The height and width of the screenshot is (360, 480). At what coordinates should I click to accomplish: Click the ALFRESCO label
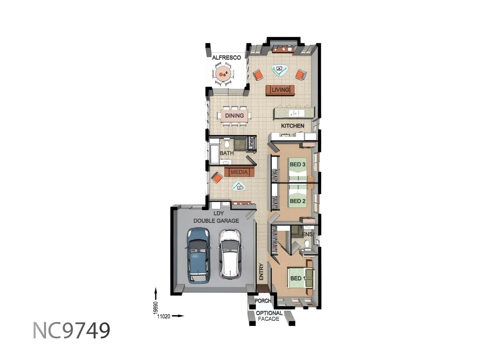click(226, 58)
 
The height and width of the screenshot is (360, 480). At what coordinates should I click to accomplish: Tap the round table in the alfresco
click(223, 74)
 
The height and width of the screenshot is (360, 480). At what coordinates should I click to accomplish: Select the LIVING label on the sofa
click(280, 90)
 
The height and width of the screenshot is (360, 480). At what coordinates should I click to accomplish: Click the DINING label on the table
click(234, 116)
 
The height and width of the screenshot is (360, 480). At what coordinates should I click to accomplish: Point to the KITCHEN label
click(292, 126)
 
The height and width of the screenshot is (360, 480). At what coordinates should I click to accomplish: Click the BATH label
click(227, 153)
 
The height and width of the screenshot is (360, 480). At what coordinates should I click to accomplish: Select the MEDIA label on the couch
click(240, 172)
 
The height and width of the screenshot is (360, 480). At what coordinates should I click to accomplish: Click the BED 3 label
click(298, 164)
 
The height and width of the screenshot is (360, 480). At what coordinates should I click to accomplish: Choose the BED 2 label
click(298, 201)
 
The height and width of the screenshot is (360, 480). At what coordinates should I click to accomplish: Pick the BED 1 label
click(296, 278)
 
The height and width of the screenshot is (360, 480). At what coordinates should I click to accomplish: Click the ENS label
click(308, 234)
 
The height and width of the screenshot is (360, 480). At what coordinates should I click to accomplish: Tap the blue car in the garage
click(198, 255)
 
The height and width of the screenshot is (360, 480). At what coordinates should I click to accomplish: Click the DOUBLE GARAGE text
click(216, 221)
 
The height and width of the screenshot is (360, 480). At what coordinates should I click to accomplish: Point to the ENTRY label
click(261, 272)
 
